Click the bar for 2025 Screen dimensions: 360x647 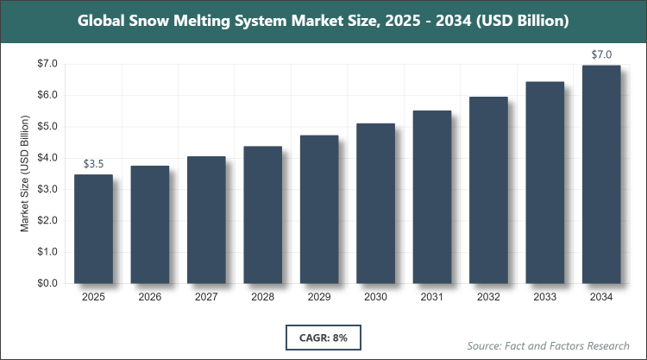tap(93, 229)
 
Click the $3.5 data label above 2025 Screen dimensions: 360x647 tap(93, 163)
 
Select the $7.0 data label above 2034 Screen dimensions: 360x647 tap(601, 54)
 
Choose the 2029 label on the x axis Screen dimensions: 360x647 tap(319, 298)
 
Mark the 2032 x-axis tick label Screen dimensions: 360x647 tap(488, 298)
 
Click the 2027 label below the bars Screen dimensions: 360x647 tap(206, 298)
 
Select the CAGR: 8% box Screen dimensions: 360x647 tap(323, 338)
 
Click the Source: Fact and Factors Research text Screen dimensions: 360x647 tap(550, 345)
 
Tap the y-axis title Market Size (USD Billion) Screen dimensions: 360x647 tap(25, 174)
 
